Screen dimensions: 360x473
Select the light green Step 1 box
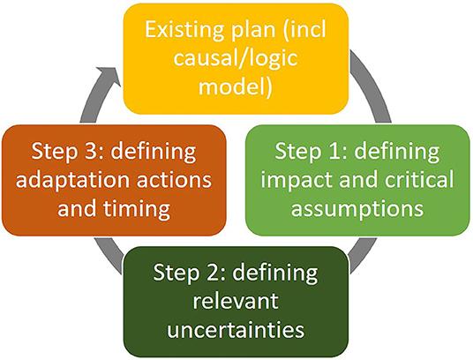coord(357,180)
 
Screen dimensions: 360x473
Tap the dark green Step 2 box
coord(237,301)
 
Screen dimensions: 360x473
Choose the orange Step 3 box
coord(115,180)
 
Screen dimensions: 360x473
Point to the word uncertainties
coord(236,330)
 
